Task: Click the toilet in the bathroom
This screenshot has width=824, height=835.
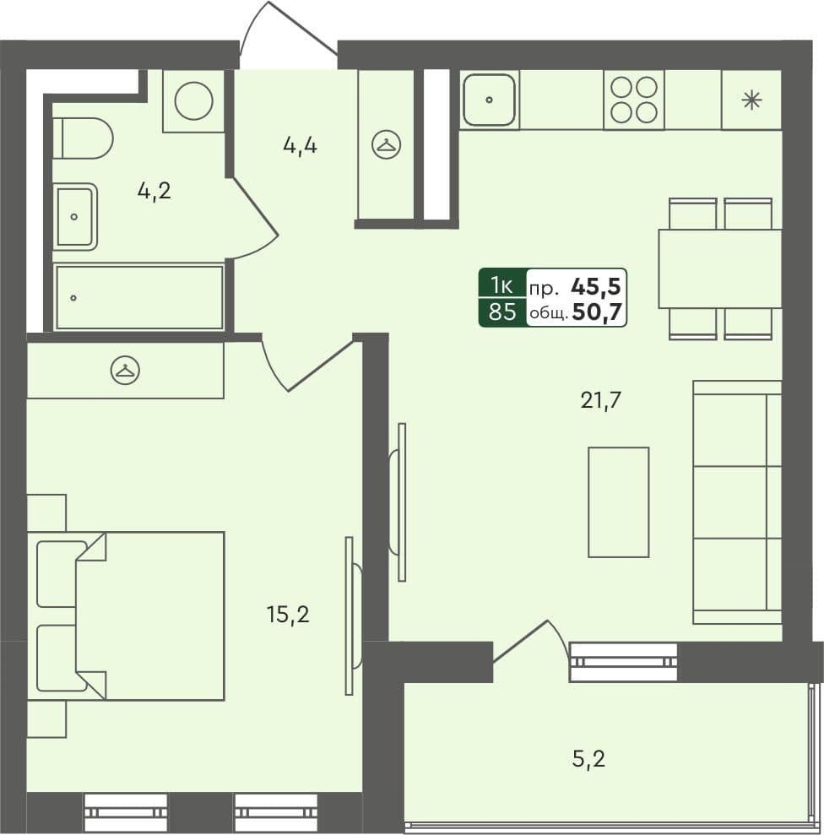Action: pyautogui.click(x=84, y=138)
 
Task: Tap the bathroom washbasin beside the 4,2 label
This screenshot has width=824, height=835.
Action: pyautogui.click(x=75, y=217)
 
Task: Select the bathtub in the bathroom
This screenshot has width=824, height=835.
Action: pyautogui.click(x=139, y=297)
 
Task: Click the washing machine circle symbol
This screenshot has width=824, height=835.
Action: pyautogui.click(x=193, y=101)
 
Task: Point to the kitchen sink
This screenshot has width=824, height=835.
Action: pyautogui.click(x=489, y=100)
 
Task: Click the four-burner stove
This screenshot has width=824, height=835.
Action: pyautogui.click(x=633, y=100)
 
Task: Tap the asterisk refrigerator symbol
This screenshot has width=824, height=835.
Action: pyautogui.click(x=751, y=100)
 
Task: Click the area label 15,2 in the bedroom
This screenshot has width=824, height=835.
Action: pyautogui.click(x=288, y=614)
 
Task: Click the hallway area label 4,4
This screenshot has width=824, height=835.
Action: pyautogui.click(x=300, y=146)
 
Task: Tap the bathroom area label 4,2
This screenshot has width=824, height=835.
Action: pyautogui.click(x=154, y=191)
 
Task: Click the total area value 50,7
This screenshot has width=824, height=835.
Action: pyautogui.click(x=598, y=313)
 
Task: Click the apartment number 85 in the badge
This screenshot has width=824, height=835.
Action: pyautogui.click(x=502, y=312)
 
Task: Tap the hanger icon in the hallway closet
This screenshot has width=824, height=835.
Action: pyautogui.click(x=387, y=145)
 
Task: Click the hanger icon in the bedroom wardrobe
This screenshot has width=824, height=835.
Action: pyautogui.click(x=125, y=370)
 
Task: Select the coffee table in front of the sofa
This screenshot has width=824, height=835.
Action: pyautogui.click(x=618, y=502)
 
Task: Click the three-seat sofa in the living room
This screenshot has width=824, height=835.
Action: pyautogui.click(x=737, y=502)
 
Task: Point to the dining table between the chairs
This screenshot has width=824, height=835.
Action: pyautogui.click(x=719, y=268)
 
